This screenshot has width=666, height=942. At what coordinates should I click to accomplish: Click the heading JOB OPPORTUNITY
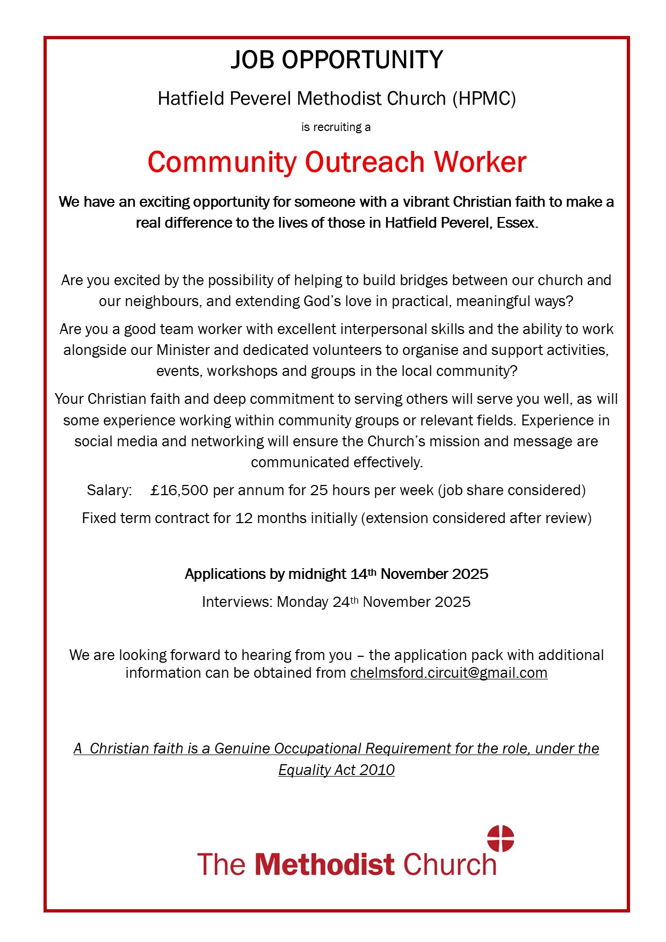pos(337,60)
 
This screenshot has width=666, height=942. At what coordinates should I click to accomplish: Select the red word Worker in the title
pos(480,162)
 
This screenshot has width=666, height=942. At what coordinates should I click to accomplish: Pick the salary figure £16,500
pos(179,490)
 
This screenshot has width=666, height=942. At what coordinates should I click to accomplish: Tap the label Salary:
pos(109,490)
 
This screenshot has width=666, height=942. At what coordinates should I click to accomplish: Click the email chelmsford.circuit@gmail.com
pos(448,673)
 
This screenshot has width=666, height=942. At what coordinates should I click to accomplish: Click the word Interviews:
pos(237,602)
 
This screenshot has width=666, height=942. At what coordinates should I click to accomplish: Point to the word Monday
pos(302,602)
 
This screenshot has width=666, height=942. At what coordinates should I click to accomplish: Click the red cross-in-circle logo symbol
pos(501,838)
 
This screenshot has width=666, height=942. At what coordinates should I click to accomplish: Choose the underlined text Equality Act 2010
pos(336,770)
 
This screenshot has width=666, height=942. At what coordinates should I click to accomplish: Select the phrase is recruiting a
pos(336,127)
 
